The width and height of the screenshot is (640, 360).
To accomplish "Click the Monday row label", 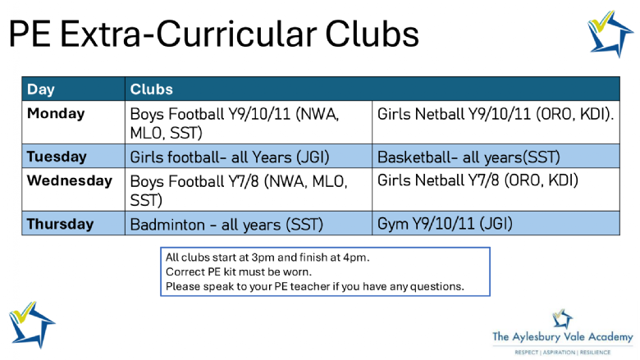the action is [x=56, y=113].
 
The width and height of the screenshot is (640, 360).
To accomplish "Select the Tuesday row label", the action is [x=57, y=157].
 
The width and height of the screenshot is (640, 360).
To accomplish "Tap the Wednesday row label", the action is [x=70, y=180].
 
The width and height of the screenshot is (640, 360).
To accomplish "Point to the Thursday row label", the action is [x=60, y=224].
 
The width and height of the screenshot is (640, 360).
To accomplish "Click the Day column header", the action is [x=41, y=89].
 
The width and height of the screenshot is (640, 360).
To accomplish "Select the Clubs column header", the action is [x=152, y=89].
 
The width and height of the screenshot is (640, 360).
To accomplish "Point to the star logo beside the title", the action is [x=610, y=34].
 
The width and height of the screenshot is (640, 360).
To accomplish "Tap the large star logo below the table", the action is [x=32, y=325].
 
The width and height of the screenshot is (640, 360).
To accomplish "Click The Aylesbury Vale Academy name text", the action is [x=562, y=337].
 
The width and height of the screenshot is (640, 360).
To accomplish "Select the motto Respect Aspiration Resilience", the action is [x=562, y=353].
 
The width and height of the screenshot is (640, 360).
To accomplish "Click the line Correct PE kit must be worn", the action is [x=239, y=272].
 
